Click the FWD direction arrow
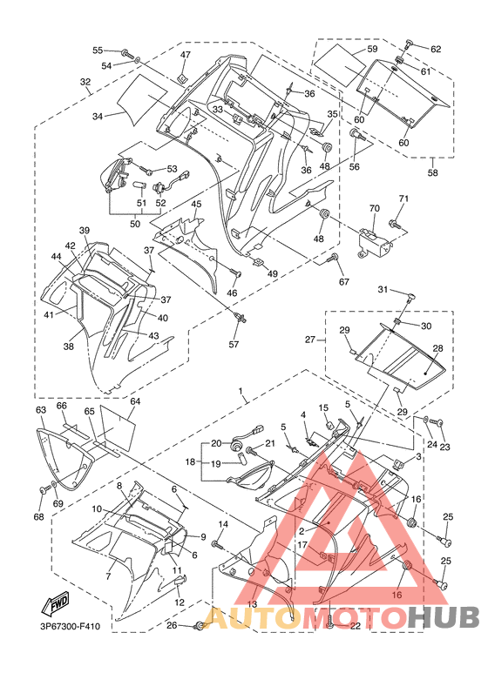(55, 604)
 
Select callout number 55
(98, 50)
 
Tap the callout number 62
(436, 50)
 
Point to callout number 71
(403, 199)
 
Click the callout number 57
(234, 344)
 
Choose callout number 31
(383, 290)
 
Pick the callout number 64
(136, 401)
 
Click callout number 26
(172, 626)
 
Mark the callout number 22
(356, 626)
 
